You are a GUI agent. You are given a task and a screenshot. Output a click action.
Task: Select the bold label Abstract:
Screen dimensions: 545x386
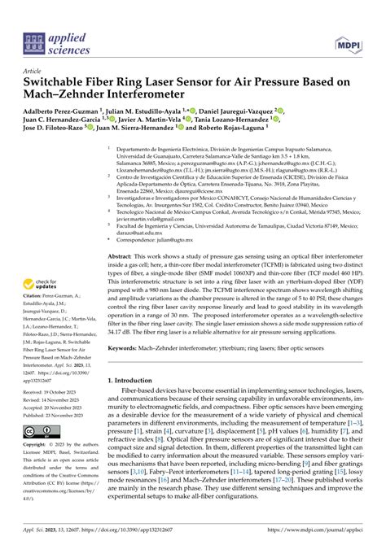[123, 255]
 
